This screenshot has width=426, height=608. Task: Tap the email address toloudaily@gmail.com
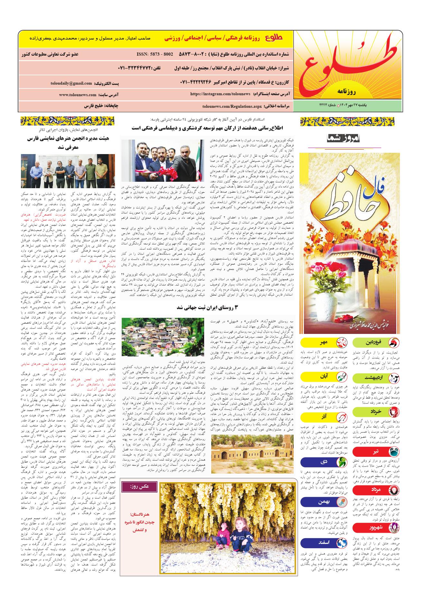[x=71, y=83]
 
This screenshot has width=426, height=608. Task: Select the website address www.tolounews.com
[x=78, y=95]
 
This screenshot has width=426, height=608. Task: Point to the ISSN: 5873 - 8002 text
[x=155, y=54]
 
